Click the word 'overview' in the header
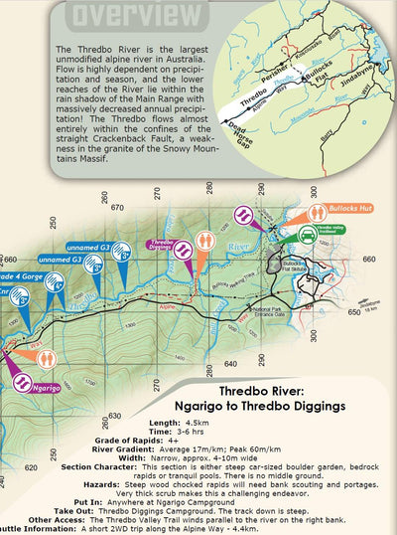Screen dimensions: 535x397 [x=129, y=15]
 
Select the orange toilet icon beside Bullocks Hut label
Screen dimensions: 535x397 [x=316, y=212]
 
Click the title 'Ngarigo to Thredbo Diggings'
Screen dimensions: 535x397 [x=281, y=405]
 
